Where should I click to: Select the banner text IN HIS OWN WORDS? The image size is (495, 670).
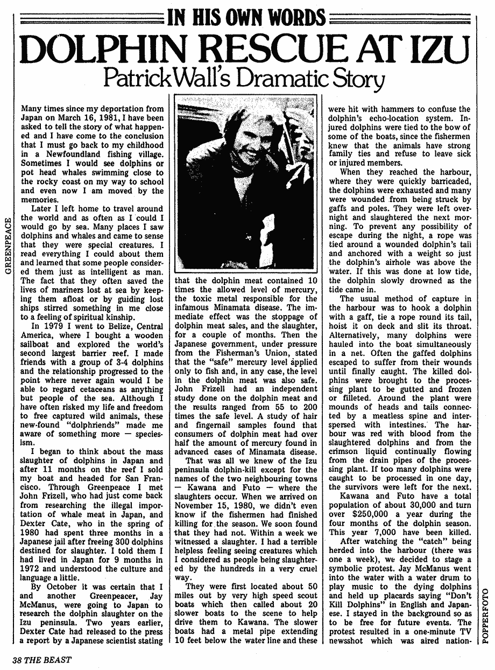tap(247, 18)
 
